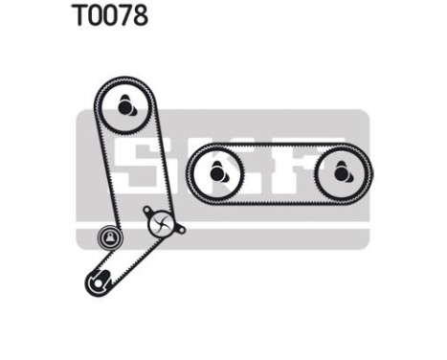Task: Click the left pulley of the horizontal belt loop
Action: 217,172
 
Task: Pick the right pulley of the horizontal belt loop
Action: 342,173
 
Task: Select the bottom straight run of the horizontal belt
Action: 279,200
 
